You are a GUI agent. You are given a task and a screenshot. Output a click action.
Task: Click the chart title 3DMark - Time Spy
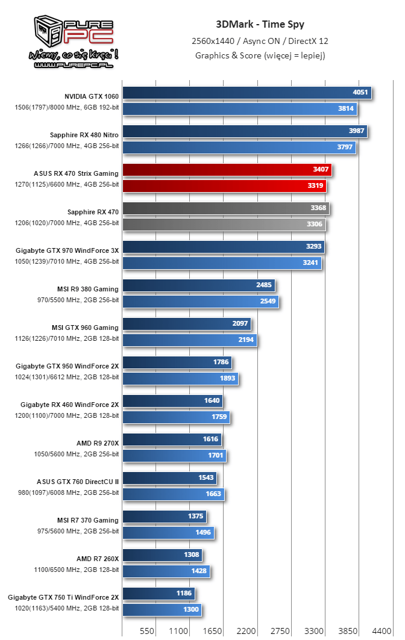pyautogui.click(x=260, y=25)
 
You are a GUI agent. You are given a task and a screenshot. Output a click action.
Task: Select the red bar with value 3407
pyautogui.click(x=227, y=170)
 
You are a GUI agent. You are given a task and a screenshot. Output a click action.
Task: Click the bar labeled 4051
pyautogui.click(x=247, y=93)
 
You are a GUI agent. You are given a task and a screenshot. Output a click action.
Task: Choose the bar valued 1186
pyautogui.click(x=159, y=593)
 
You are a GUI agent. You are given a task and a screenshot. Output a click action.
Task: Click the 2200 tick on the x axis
pyautogui.click(x=246, y=631)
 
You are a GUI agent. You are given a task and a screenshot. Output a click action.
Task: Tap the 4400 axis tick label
pyautogui.click(x=381, y=631)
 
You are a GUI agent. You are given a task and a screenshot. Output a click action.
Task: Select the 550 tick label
pyautogui.click(x=146, y=631)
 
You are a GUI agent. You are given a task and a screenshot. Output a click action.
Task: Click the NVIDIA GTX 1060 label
pyautogui.click(x=92, y=96)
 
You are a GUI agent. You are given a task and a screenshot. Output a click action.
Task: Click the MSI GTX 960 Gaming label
pyautogui.click(x=85, y=328)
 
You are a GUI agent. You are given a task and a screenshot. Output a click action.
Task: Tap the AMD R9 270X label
pyautogui.click(x=98, y=443)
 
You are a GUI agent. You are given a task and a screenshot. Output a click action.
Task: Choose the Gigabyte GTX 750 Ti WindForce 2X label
pyautogui.click(x=63, y=597)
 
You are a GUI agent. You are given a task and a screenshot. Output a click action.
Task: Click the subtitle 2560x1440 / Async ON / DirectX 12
pyautogui.click(x=260, y=41)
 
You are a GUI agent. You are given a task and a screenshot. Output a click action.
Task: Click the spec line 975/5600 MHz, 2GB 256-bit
pyautogui.click(x=77, y=531)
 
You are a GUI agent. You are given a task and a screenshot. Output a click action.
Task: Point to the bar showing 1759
pyautogui.click(x=176, y=417)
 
